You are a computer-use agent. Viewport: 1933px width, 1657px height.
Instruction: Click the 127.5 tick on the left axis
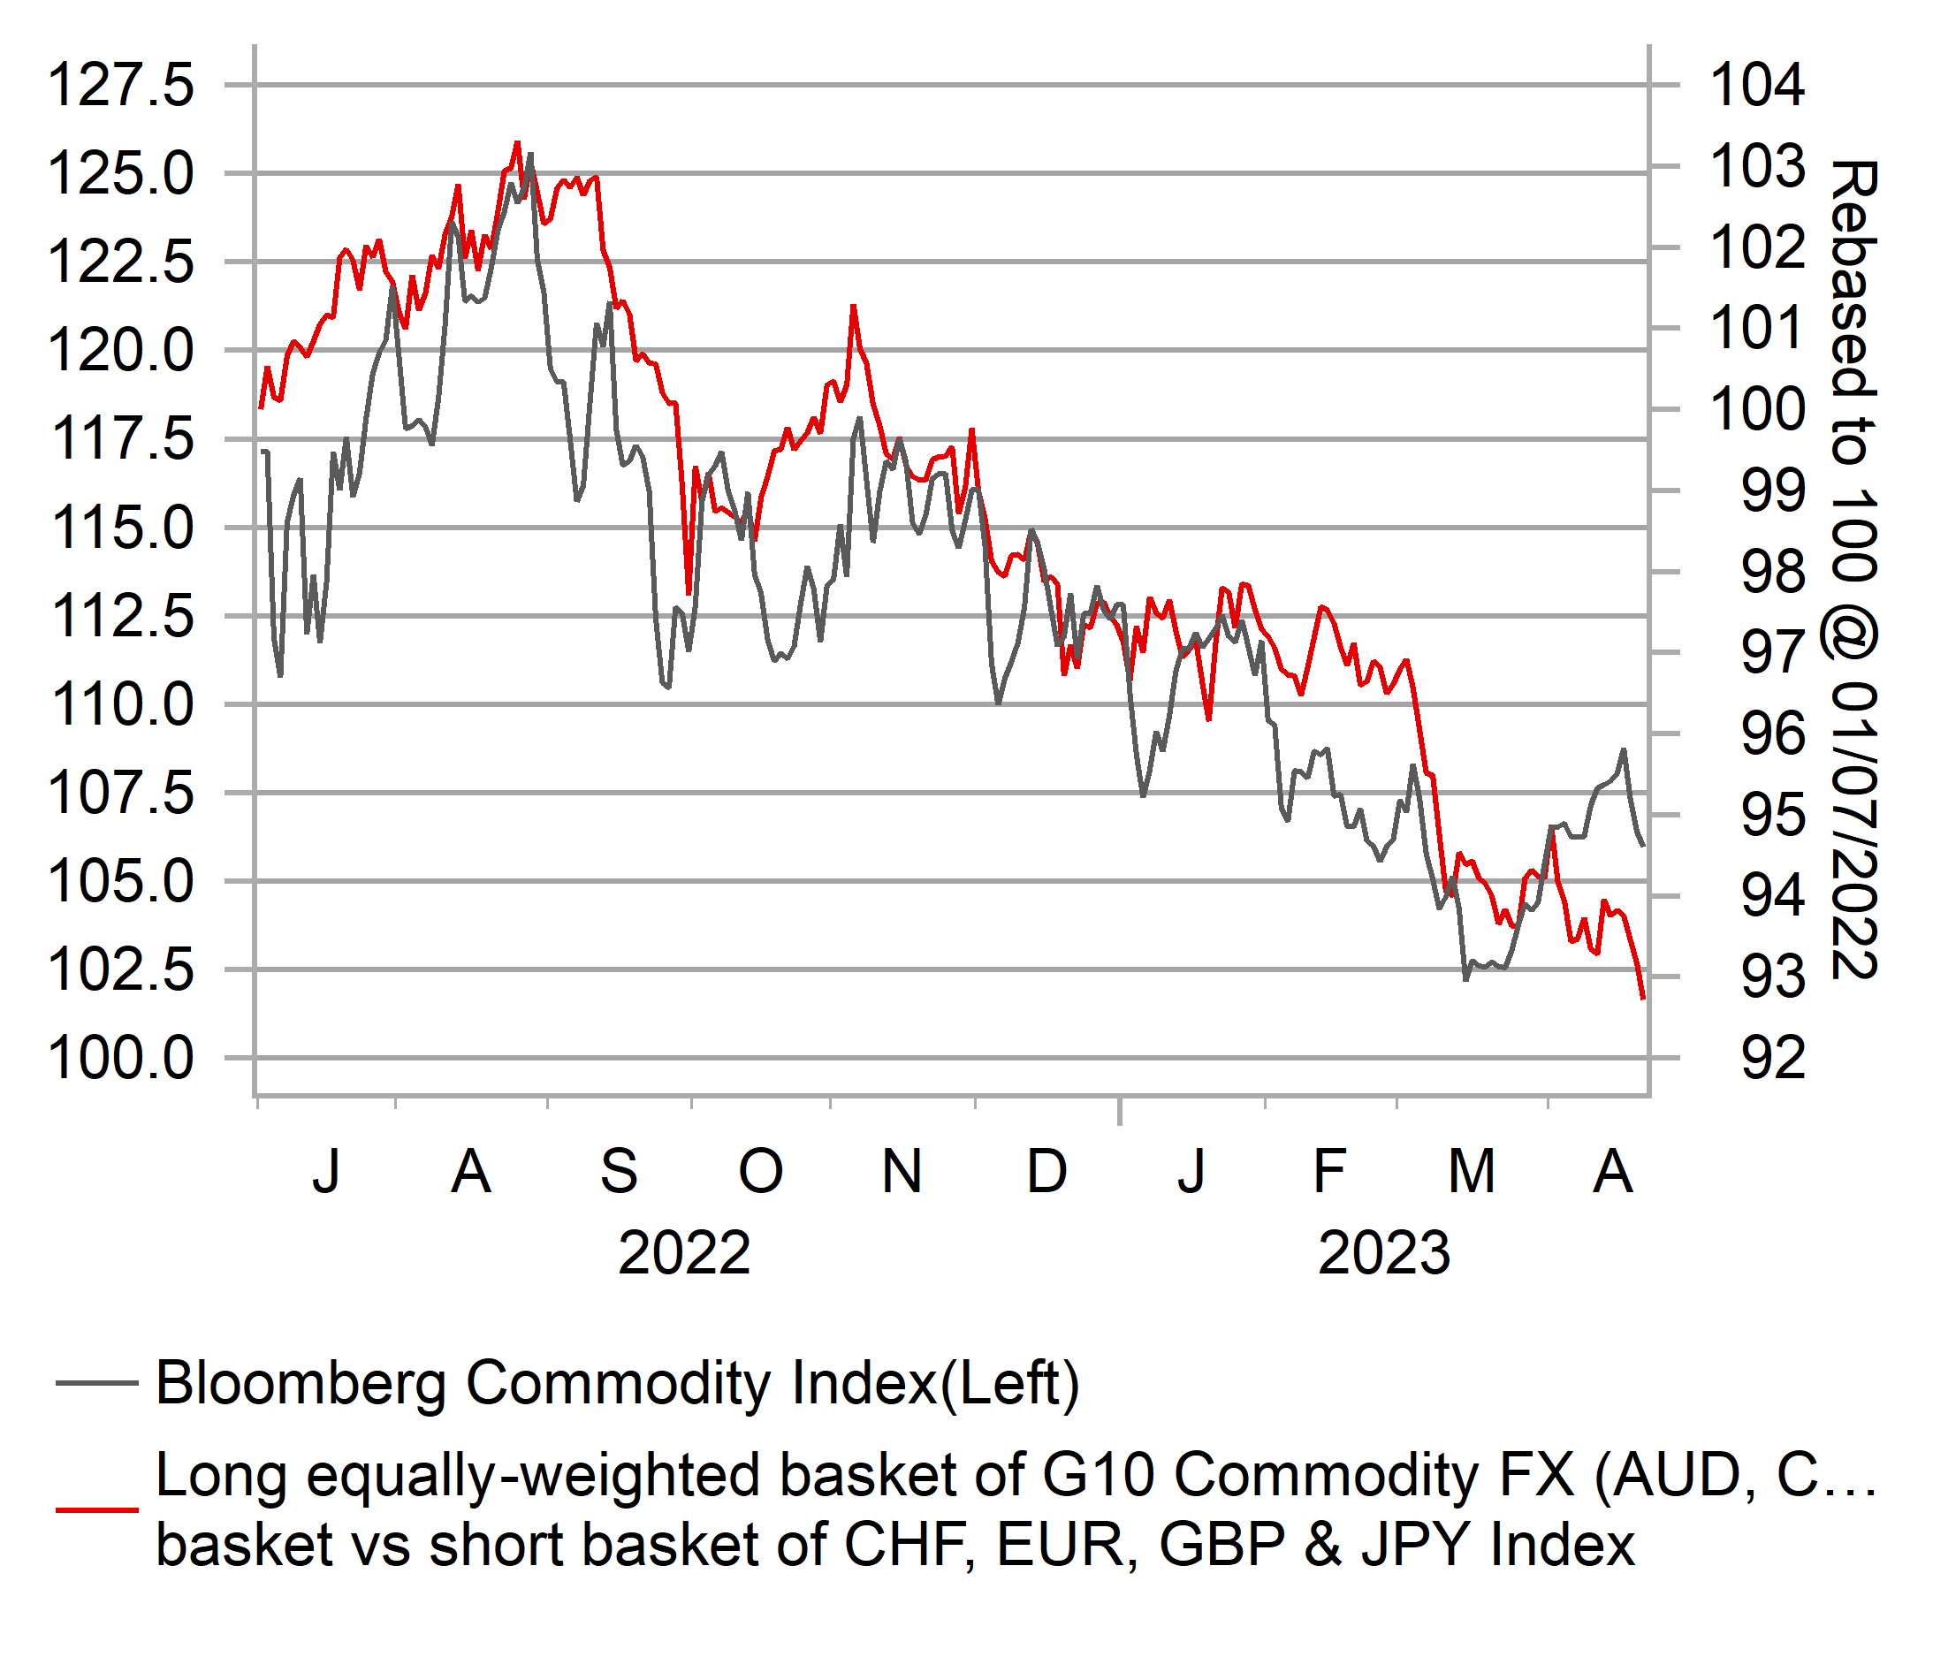121,85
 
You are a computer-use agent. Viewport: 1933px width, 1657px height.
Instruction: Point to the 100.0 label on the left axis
121,1058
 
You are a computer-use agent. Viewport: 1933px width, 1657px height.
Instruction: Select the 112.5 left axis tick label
121,616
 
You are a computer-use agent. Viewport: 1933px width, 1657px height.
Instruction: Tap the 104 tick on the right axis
1758,85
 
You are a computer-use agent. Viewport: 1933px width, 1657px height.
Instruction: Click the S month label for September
619,1171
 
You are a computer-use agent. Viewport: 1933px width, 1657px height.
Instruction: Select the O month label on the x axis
760,1171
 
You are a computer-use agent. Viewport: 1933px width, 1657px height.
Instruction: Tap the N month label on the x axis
902,1171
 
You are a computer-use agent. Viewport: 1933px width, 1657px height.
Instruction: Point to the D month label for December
1046,1171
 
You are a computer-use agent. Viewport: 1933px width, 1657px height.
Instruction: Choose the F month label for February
1328,1171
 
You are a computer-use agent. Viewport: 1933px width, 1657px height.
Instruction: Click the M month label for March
1472,1171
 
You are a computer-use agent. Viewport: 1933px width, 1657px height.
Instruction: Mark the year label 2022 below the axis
684,1253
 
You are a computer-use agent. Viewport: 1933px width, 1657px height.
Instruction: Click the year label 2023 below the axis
1383,1253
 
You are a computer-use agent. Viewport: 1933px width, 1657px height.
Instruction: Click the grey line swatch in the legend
97,1383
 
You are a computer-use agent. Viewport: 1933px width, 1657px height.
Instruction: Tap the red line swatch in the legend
97,1509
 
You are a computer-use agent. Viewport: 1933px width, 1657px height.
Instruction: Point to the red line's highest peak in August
518,143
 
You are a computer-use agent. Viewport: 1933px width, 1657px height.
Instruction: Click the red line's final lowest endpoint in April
1643,999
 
